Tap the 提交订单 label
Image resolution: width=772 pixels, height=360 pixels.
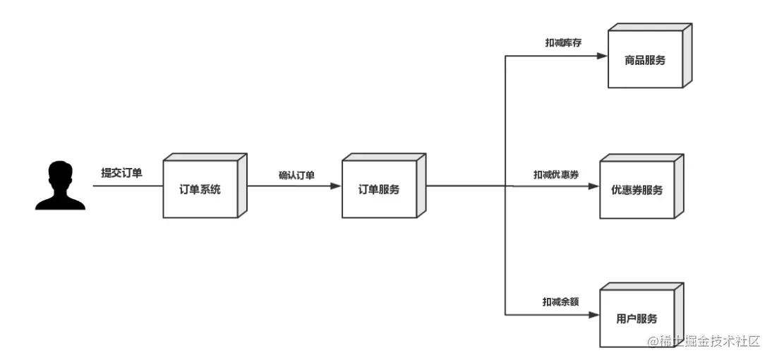[x=121, y=172]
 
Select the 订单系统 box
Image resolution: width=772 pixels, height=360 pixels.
[x=200, y=189]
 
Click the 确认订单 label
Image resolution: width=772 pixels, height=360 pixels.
[x=296, y=175]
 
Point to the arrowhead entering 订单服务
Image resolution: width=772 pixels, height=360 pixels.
[x=337, y=186]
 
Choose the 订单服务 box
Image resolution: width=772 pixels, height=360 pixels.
[x=379, y=189]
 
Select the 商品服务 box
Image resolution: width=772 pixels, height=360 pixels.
[x=644, y=61]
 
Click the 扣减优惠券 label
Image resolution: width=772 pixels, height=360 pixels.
[x=556, y=174]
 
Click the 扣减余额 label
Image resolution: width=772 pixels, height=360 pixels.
[x=561, y=302]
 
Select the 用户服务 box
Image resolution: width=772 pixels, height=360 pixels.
[x=637, y=318]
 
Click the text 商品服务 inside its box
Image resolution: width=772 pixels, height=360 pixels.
[x=644, y=61]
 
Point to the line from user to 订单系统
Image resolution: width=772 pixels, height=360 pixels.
[x=127, y=186]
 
